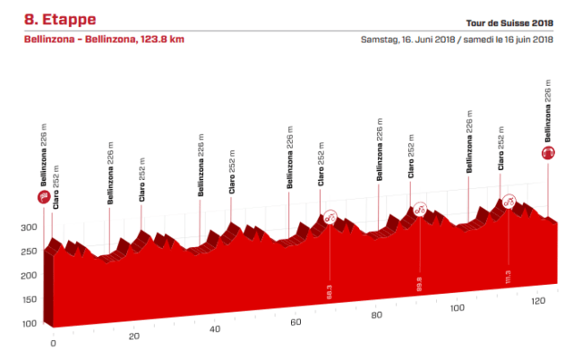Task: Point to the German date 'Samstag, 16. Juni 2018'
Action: click(x=408, y=39)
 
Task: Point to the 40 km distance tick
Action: click(x=215, y=329)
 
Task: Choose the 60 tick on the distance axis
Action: click(x=295, y=321)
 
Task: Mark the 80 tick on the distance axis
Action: click(x=376, y=315)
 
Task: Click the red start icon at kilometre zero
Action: click(x=43, y=198)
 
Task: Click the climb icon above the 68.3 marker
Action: click(x=330, y=216)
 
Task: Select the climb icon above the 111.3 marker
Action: click(x=508, y=201)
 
